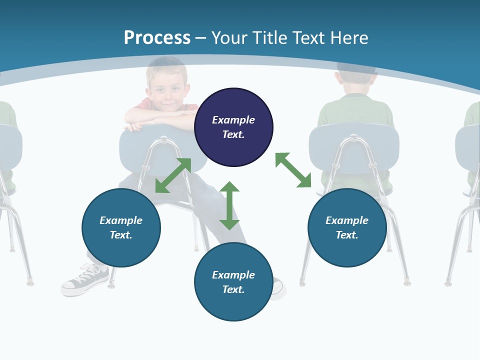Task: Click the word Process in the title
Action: [x=157, y=37]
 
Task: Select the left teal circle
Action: [x=121, y=245]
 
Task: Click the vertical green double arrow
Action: [x=229, y=205]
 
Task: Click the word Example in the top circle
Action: [x=233, y=120]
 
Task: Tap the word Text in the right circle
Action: [x=347, y=235]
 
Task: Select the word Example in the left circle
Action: [x=121, y=220]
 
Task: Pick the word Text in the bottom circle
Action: [x=233, y=289]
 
